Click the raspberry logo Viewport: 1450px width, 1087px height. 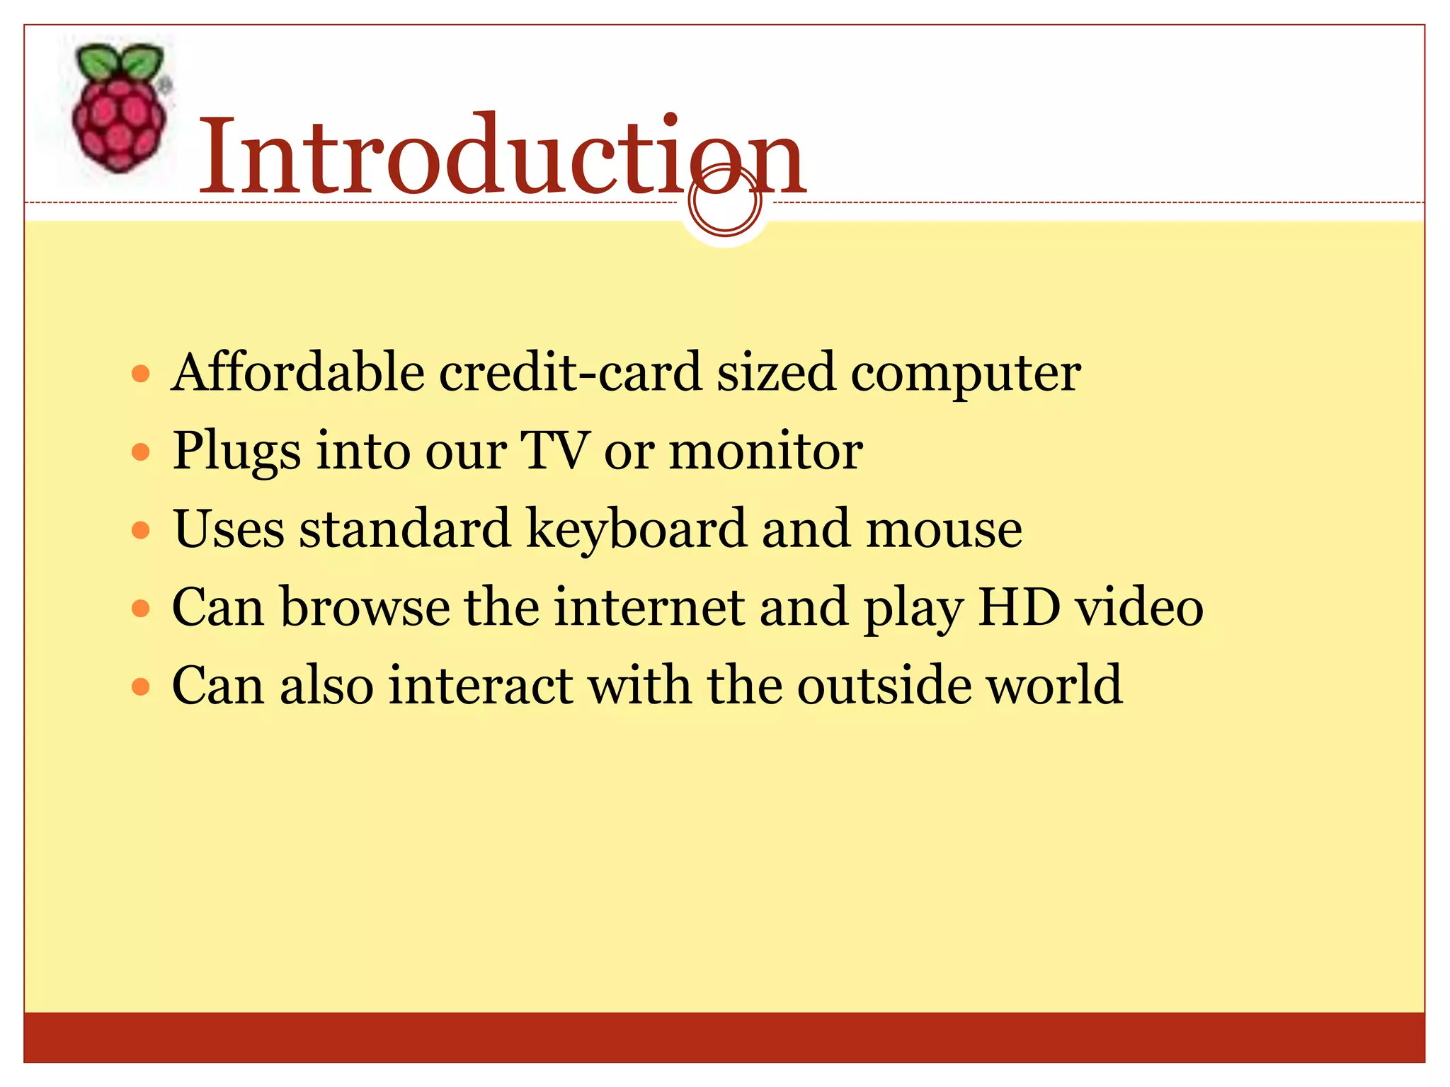(120, 110)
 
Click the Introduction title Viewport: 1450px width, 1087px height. (501, 156)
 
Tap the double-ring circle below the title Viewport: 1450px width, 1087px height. (724, 202)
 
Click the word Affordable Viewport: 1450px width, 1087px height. (297, 373)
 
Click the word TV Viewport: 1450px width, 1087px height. (554, 451)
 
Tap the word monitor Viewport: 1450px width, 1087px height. (766, 451)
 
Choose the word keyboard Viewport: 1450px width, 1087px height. (636, 529)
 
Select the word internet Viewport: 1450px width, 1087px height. (649, 607)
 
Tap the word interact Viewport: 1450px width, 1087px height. (481, 686)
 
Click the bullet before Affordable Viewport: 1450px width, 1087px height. (142, 374)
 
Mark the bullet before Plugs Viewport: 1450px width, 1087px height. (142, 452)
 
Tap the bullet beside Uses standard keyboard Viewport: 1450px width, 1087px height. (142, 530)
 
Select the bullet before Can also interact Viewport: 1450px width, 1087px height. (142, 686)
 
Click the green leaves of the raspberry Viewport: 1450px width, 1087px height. (119, 61)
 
